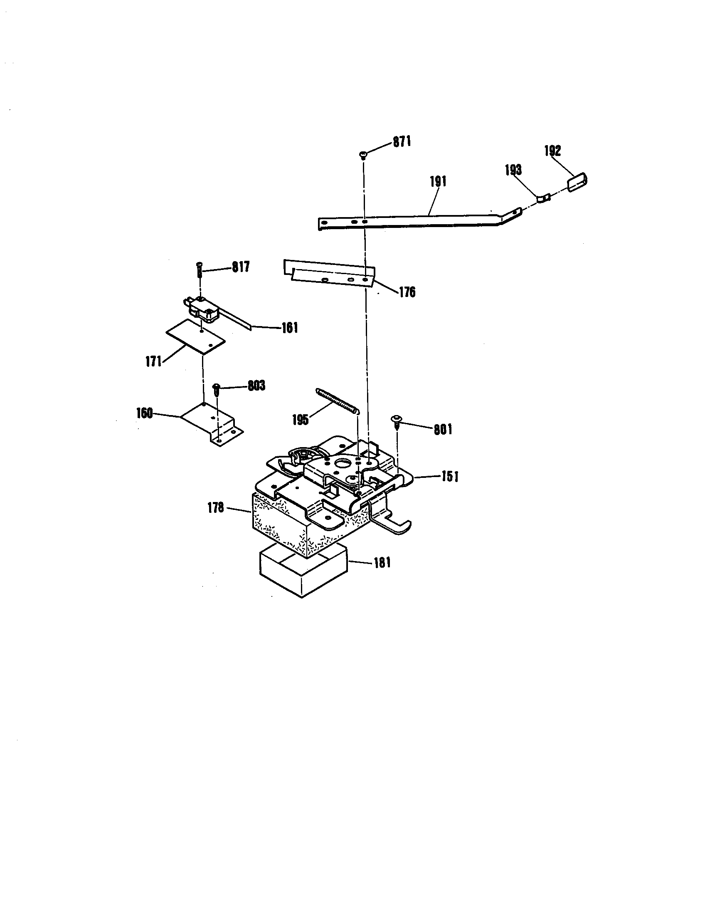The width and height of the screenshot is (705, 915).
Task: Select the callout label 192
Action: tap(552, 151)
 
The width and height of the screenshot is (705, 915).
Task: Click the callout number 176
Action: tap(407, 292)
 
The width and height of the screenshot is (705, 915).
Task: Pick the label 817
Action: tap(241, 267)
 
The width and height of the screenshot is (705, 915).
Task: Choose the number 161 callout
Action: tap(289, 327)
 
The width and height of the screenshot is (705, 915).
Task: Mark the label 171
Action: tap(154, 361)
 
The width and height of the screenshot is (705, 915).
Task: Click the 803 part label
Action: tap(256, 386)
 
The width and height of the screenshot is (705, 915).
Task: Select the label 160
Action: tap(144, 413)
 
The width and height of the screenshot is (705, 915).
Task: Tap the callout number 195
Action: tap(301, 420)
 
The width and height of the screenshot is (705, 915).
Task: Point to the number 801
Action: tap(443, 430)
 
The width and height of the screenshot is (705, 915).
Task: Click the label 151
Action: tap(449, 477)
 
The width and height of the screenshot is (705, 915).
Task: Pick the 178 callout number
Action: tap(216, 509)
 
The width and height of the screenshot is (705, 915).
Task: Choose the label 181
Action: tap(381, 562)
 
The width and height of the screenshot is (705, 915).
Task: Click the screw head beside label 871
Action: tap(363, 155)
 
